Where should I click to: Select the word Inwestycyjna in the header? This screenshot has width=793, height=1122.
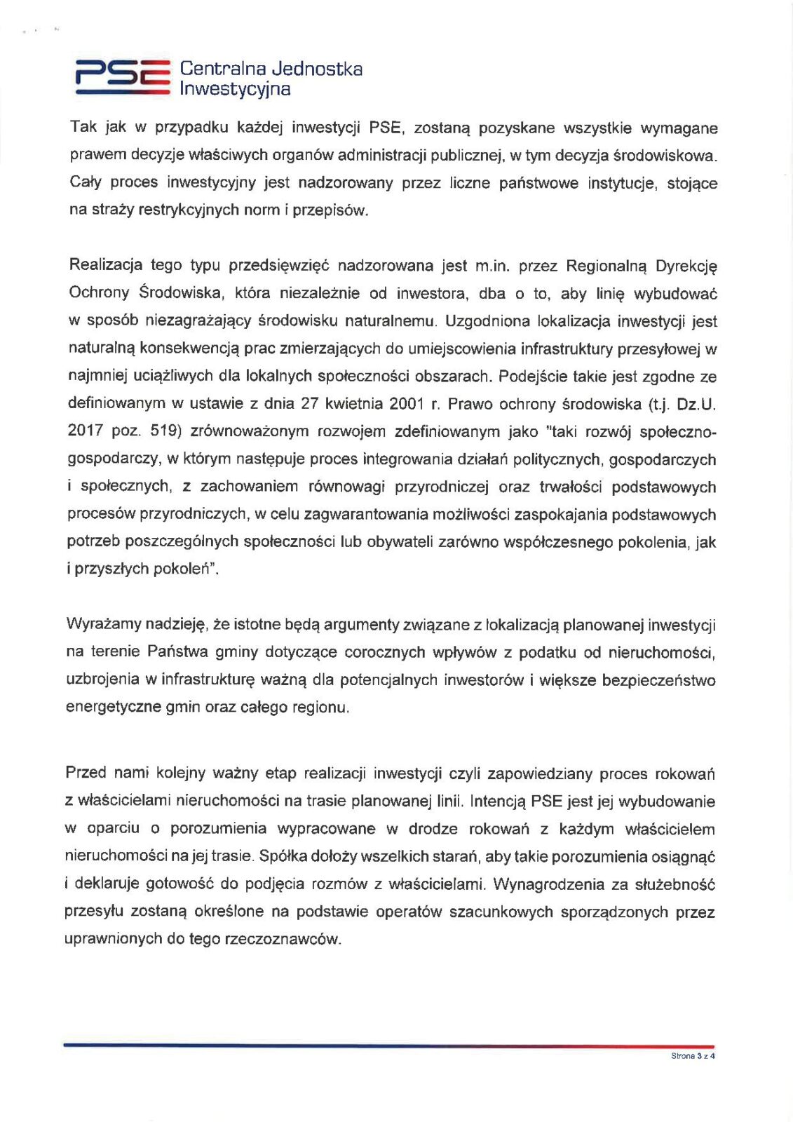pyautogui.click(x=235, y=89)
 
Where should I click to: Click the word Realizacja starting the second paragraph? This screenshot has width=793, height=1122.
pyautogui.click(x=104, y=265)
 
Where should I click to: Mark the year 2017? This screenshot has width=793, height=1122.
pyautogui.click(x=86, y=431)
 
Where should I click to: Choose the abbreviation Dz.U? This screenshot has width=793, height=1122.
pyautogui.click(x=696, y=404)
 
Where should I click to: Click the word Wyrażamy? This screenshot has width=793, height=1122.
pyautogui.click(x=100, y=624)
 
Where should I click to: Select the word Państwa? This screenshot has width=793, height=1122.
pyautogui.click(x=177, y=652)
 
